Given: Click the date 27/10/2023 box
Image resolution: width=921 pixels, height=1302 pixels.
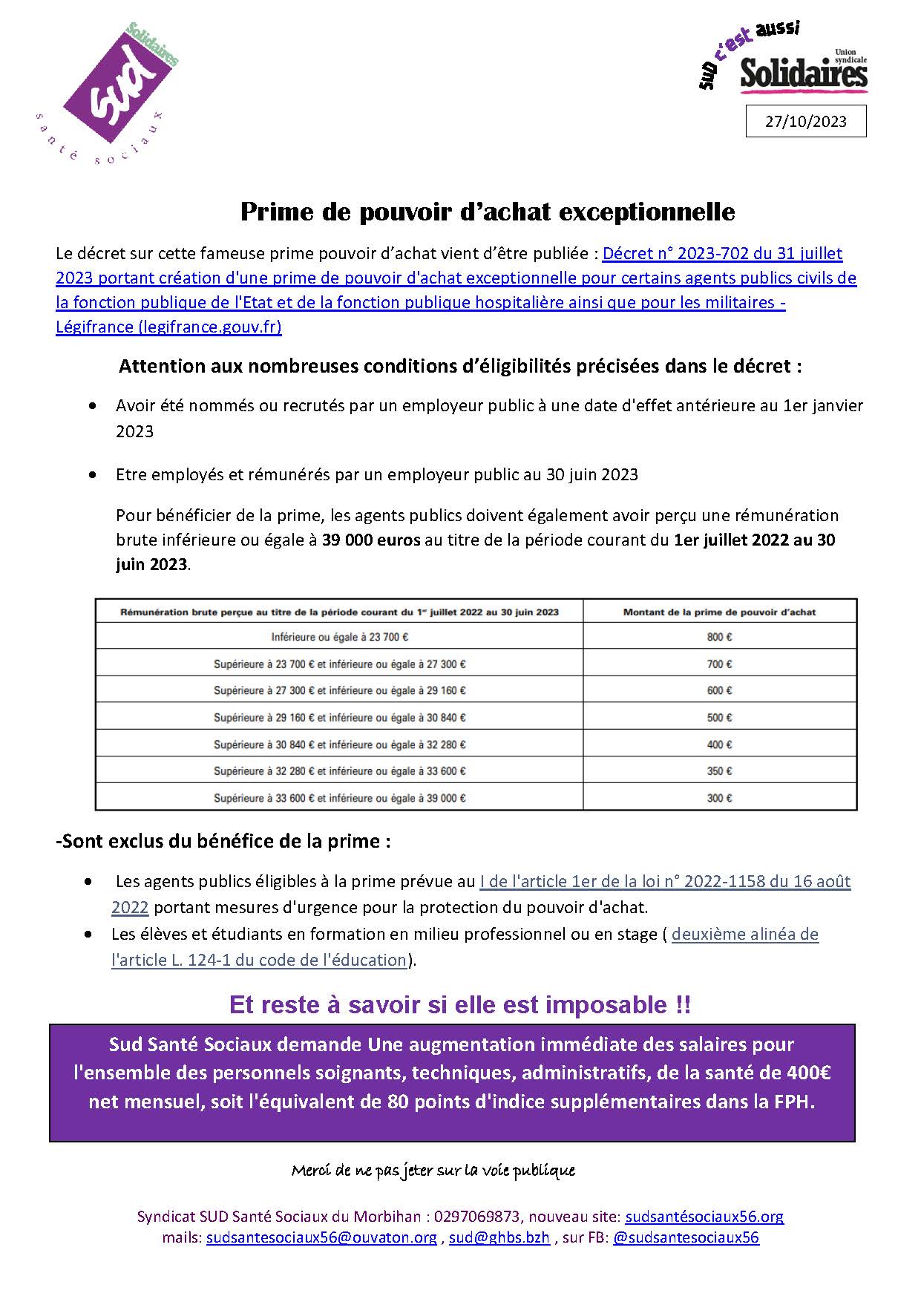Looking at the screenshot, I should tap(805, 122).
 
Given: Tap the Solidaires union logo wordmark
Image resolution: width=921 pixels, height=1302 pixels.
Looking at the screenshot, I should tap(804, 74).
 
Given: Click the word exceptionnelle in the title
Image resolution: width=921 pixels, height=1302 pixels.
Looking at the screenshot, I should tap(646, 212).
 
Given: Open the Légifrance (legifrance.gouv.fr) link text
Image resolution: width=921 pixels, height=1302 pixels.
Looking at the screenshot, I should tap(168, 327).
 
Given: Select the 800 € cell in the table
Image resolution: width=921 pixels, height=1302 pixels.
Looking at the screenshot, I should tap(719, 637).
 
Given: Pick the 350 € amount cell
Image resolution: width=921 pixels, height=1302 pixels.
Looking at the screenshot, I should tap(719, 771).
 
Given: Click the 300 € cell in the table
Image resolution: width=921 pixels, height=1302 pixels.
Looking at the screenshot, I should tap(719, 798).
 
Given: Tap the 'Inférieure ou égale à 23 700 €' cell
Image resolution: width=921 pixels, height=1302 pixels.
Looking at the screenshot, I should tap(340, 637).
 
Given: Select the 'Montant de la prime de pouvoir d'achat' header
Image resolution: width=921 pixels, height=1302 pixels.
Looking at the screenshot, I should tap(719, 612).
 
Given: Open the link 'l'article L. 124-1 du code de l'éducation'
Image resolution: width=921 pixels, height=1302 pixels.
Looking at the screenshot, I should tap(259, 960).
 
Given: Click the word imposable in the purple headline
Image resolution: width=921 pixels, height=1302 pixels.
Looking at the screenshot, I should tap(607, 1005).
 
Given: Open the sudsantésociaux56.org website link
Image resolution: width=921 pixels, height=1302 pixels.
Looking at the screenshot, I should tap(704, 1217).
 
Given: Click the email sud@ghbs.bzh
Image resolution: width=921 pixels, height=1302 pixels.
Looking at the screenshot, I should tap(499, 1237).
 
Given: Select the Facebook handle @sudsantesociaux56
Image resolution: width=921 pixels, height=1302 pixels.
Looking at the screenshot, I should tap(686, 1237).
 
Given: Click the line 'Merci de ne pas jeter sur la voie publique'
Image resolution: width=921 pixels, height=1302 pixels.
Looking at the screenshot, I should tap(433, 1171).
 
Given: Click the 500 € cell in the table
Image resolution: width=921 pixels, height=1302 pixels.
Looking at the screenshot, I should tap(719, 718).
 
